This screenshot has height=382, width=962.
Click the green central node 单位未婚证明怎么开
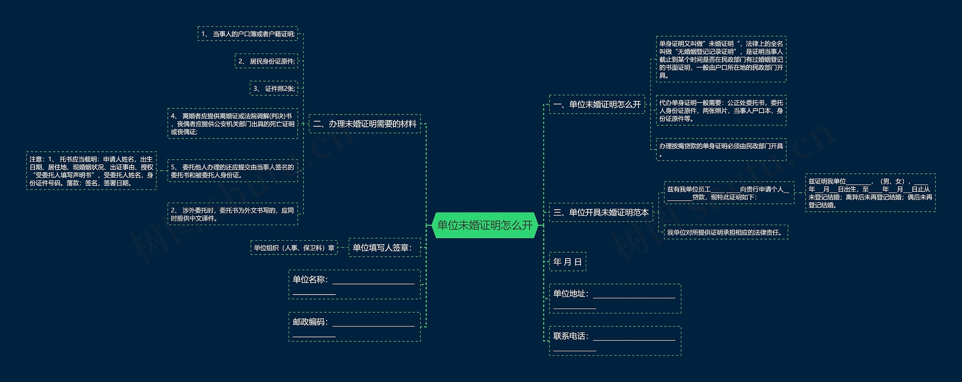tap(485, 225)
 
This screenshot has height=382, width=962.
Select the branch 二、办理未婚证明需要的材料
tap(365, 124)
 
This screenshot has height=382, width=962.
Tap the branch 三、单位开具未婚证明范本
tap(601, 212)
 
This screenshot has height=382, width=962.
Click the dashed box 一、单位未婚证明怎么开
tap(597, 104)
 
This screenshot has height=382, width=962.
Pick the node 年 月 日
tap(567, 262)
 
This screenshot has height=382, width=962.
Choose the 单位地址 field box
tap(615, 298)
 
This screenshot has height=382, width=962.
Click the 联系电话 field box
tap(615, 341)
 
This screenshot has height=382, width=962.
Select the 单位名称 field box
tap(354, 284)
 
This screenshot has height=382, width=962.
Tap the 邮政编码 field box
tap(354, 327)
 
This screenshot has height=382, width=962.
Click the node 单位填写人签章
tap(384, 248)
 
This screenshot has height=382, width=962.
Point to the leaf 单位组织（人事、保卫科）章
tap(294, 248)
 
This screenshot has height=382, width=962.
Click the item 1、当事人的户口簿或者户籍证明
tap(248, 34)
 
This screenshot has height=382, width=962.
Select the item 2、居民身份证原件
tap(266, 61)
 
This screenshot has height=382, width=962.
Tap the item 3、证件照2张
tap(274, 89)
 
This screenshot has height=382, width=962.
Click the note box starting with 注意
tap(91, 171)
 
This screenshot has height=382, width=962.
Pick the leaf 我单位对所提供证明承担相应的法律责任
tap(726, 232)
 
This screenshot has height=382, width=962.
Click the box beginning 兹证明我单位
tap(870, 193)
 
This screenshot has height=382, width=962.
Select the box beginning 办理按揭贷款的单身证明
tap(721, 149)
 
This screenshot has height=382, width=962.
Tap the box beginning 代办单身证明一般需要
tap(721, 110)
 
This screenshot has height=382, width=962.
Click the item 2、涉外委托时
tap(233, 214)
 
